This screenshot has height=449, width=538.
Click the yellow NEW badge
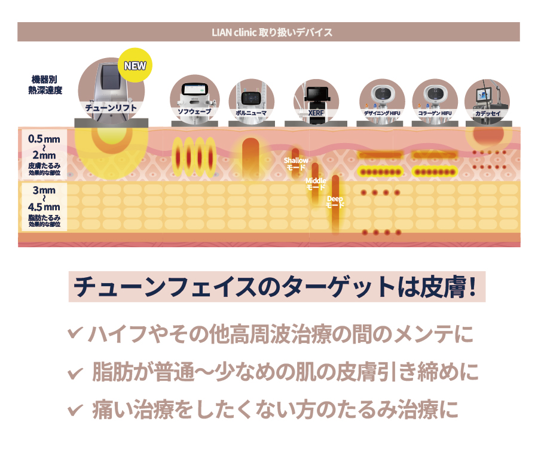click(x=134, y=65)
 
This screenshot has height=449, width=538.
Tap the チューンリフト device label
click(x=111, y=108)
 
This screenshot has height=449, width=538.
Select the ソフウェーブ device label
click(x=194, y=112)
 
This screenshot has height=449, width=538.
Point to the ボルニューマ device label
click(x=251, y=112)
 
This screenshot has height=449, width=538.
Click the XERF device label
click(x=316, y=112)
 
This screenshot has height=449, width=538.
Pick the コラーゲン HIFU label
click(x=435, y=112)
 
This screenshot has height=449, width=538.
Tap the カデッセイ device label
click(x=487, y=112)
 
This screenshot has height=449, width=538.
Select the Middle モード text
click(x=316, y=184)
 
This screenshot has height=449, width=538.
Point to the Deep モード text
click(x=335, y=202)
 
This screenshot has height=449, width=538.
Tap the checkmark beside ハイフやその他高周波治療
click(x=75, y=332)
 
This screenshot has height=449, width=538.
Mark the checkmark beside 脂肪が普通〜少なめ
click(x=75, y=372)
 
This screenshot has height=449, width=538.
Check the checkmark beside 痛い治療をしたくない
click(x=75, y=411)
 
